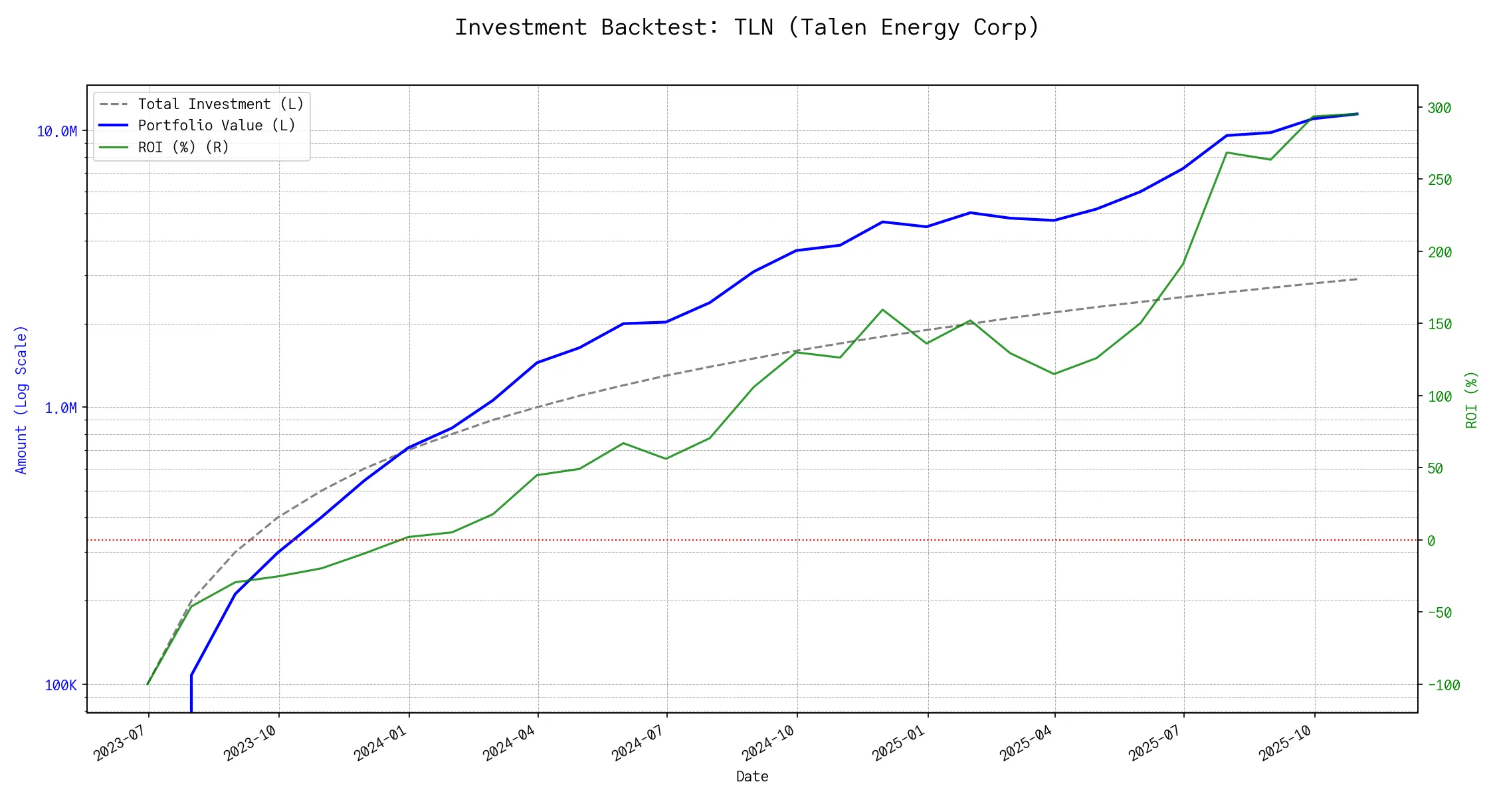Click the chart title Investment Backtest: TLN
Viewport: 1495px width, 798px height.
click(747, 28)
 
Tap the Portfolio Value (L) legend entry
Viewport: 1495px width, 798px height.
click(217, 126)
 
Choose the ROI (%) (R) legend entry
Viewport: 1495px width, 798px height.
click(183, 147)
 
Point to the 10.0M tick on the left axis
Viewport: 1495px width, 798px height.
click(57, 132)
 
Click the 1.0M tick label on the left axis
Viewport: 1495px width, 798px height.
click(60, 408)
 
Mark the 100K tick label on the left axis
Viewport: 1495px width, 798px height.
click(60, 685)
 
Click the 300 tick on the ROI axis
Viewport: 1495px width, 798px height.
click(1439, 108)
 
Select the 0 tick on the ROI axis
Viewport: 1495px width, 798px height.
click(1431, 541)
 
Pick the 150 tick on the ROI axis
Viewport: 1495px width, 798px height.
click(1439, 324)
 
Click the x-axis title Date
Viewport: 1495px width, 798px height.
click(752, 777)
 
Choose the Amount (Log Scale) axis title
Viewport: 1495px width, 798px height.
click(21, 399)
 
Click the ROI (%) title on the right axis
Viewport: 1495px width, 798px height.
click(1471, 399)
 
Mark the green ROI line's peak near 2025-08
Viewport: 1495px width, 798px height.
click(1227, 153)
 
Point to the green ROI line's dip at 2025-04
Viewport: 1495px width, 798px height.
click(1054, 374)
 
